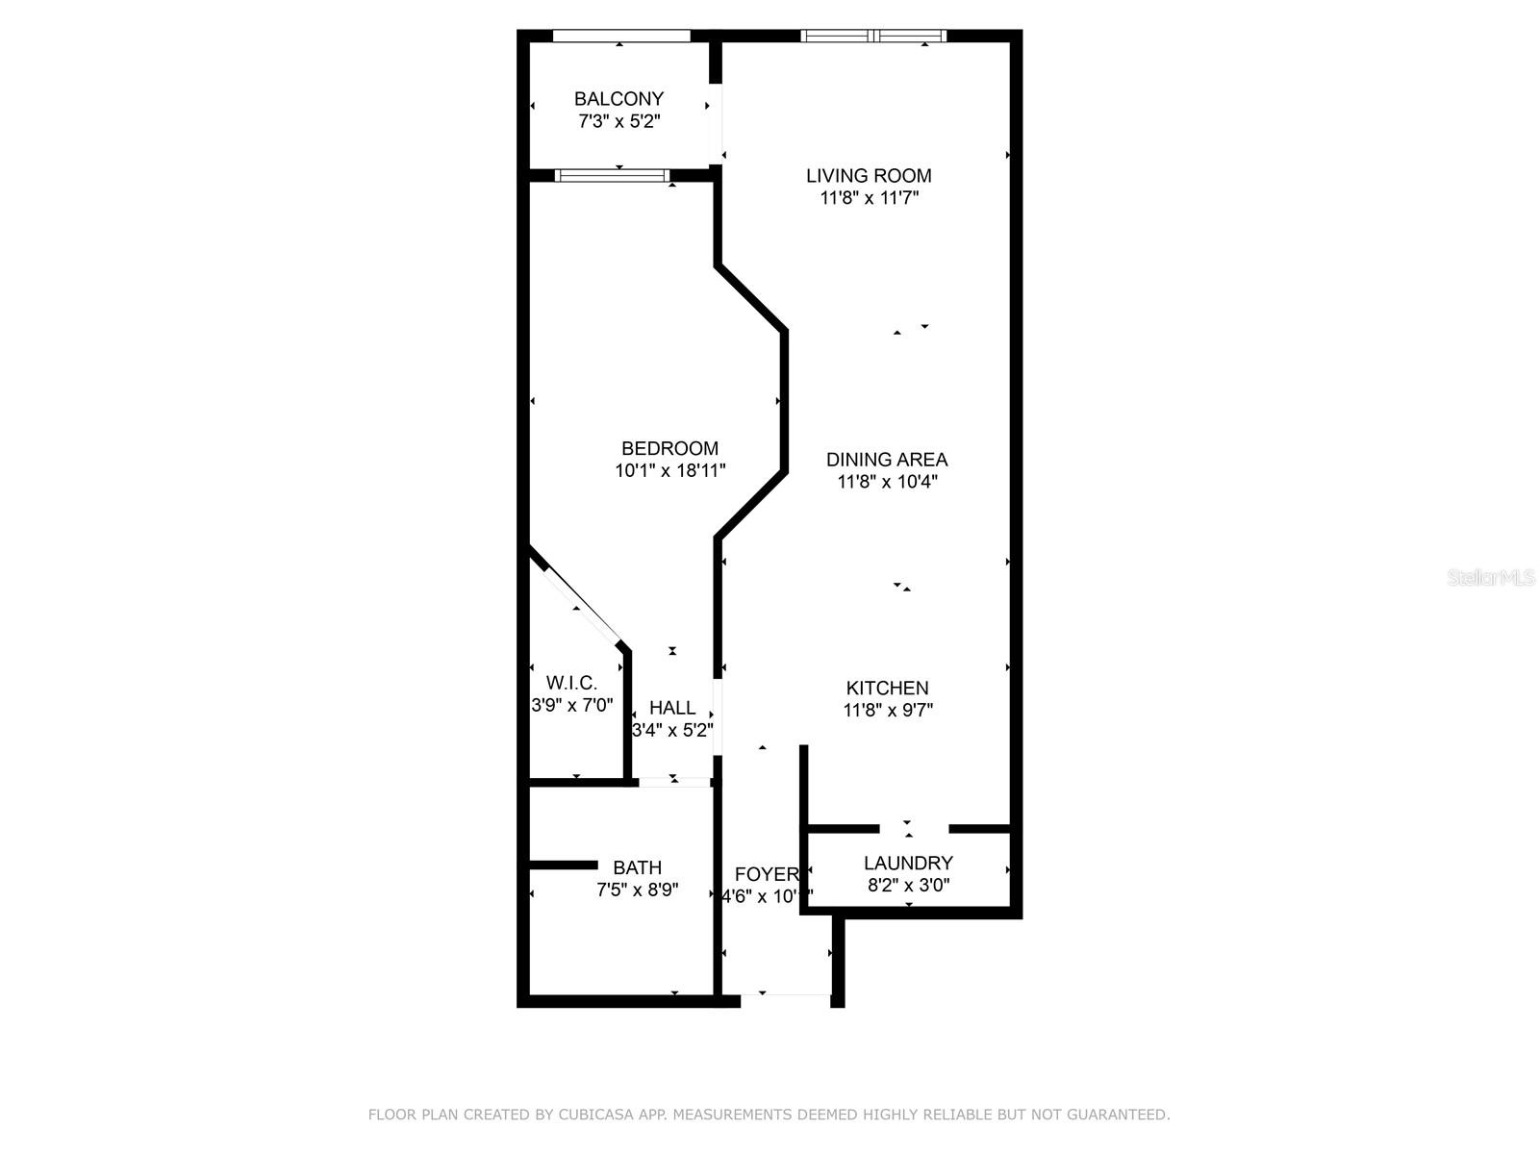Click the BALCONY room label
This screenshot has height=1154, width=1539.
[618, 98]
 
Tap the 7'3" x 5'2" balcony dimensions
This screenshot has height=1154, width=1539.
[618, 122]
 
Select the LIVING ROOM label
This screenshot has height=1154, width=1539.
[869, 175]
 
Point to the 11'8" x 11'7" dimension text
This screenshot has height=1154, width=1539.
[869, 198]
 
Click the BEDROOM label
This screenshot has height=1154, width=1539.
[669, 448]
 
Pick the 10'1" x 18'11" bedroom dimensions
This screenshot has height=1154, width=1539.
[669, 471]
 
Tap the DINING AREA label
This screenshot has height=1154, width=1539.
[886, 460]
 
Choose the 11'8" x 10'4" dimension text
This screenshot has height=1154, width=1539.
[886, 482]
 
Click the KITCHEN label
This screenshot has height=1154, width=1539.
[887, 688]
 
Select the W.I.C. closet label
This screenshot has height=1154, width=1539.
[571, 683]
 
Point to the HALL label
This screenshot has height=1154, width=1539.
[671, 708]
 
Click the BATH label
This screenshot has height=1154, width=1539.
[637, 867]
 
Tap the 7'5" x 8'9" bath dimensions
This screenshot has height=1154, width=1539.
[637, 891]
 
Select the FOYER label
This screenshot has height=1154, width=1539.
[766, 874]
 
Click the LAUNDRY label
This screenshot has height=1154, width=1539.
[908, 863]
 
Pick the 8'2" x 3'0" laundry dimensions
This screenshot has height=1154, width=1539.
[908, 886]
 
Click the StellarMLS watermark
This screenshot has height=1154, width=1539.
[1490, 578]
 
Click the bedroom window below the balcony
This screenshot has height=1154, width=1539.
[612, 175]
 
